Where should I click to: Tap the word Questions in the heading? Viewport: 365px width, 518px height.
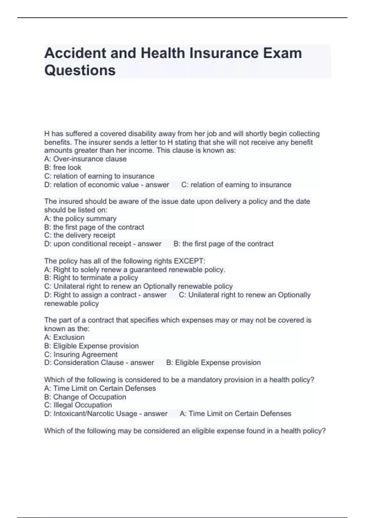coord(80,70)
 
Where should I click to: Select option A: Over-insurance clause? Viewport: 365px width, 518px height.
coord(85,159)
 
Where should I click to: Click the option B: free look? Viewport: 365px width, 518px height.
coord(63,168)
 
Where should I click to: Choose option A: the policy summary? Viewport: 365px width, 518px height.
coord(80,219)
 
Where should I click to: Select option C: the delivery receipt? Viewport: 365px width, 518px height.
coord(80,235)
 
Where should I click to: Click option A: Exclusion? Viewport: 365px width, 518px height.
coord(64,337)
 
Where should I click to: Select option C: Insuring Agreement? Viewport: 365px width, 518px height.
coord(81,355)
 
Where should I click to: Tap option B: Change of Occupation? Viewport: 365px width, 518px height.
coord(85,397)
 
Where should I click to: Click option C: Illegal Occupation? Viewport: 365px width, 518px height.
coord(78,405)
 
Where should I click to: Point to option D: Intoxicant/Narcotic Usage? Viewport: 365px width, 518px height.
coord(91,414)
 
